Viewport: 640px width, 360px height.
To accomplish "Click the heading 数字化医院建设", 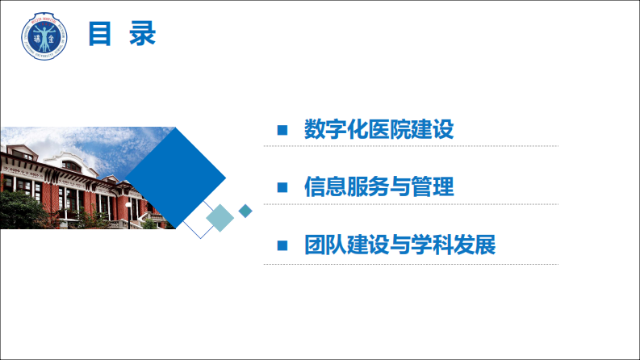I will pyautogui.click(x=379, y=129).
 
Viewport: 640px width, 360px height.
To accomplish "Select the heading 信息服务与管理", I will pyautogui.click(x=379, y=187).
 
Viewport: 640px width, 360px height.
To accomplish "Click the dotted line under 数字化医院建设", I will pyautogui.click(x=410, y=146).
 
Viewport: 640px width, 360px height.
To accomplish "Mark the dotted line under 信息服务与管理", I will pyautogui.click(x=410, y=204).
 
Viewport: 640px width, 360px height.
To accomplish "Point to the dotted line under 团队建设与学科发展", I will pyautogui.click(x=410, y=263).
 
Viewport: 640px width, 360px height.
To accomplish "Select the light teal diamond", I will pyautogui.click(x=220, y=217).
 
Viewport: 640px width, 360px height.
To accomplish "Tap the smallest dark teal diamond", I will pyautogui.click(x=245, y=211).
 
